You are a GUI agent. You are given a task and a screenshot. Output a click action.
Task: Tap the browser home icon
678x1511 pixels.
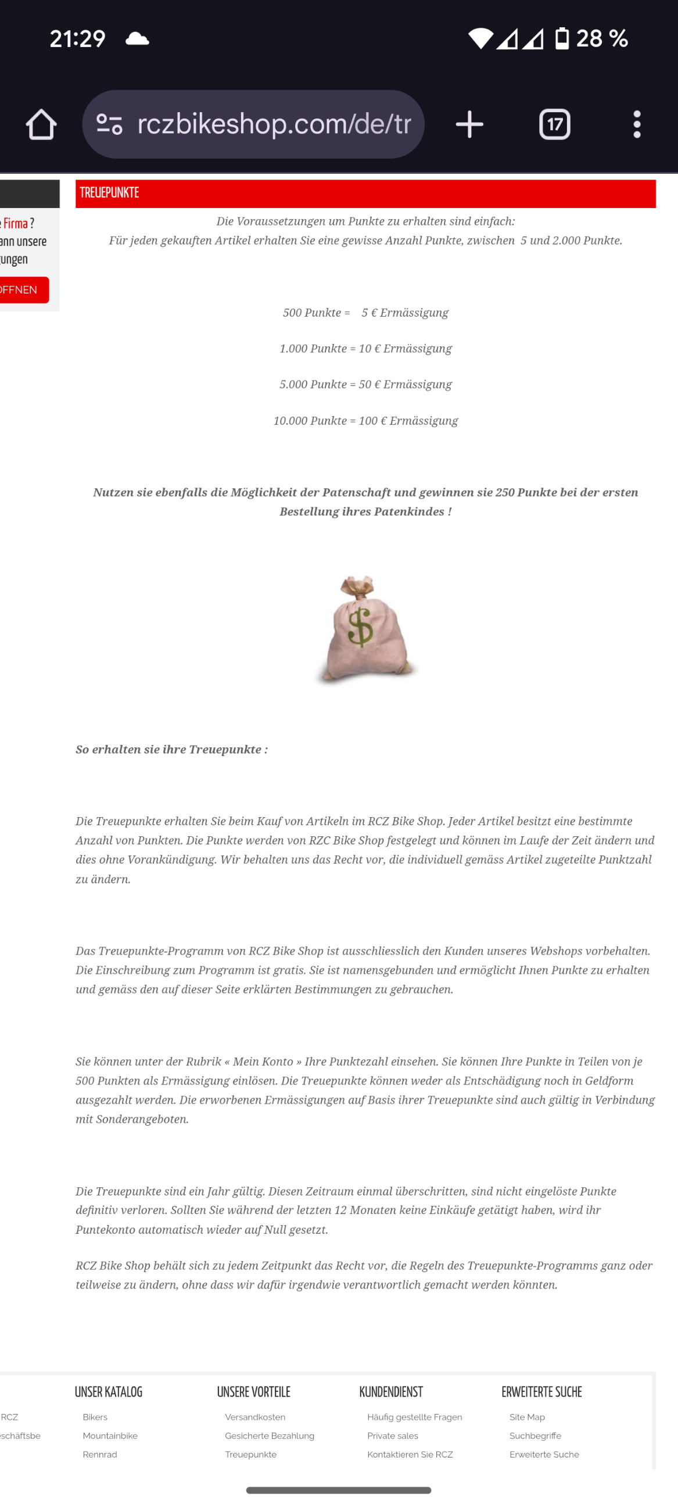point(41,124)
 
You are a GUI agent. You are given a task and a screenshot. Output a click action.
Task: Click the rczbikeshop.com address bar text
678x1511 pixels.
point(274,124)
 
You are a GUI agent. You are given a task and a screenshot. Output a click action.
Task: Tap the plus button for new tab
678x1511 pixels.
point(469,124)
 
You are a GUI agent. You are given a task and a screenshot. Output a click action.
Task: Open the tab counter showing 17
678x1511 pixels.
point(554,124)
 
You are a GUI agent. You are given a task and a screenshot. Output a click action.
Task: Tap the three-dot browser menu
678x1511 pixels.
point(637,124)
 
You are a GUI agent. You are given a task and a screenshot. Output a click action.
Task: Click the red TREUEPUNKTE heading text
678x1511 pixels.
point(110,193)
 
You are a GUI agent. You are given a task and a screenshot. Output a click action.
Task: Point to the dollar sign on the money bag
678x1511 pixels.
point(360,626)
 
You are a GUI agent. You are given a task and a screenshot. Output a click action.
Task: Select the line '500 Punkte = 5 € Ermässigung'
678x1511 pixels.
point(365,313)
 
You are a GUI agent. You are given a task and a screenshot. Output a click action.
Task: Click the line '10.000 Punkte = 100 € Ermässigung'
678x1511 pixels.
point(365,421)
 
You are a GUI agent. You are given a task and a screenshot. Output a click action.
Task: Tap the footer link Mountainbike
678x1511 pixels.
point(110,1436)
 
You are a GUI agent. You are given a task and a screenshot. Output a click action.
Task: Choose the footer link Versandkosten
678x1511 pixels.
point(255,1417)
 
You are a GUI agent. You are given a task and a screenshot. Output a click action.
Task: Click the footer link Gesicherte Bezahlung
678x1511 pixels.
point(270,1436)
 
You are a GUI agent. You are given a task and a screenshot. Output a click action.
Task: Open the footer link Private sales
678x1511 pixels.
point(393,1436)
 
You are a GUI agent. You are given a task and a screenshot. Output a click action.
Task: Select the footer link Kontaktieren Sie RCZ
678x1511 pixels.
point(410,1455)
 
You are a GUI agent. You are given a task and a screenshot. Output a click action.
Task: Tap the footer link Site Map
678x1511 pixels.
point(528,1417)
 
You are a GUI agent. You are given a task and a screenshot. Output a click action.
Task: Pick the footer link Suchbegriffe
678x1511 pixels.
point(536,1436)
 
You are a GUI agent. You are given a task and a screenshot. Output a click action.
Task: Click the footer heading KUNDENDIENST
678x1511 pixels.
point(391,1392)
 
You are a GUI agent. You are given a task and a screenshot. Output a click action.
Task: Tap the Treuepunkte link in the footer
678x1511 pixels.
point(251,1455)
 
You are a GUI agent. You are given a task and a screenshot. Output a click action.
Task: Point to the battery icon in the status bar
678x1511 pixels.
point(562,39)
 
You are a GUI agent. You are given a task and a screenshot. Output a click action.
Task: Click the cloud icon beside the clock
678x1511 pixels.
point(137,40)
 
